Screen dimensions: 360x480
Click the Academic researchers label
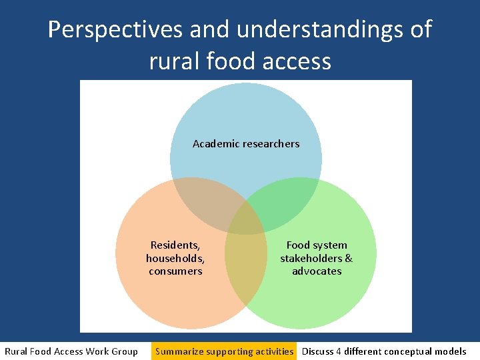click(246, 143)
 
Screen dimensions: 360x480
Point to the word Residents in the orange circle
click(175, 245)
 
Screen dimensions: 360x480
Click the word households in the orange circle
click(175, 258)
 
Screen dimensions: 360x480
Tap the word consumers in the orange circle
click(175, 271)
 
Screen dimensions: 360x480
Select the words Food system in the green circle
click(317, 245)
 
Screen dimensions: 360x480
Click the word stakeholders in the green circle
click(311, 258)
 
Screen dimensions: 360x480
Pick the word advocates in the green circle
click(317, 271)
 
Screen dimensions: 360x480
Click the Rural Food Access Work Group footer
click(71, 351)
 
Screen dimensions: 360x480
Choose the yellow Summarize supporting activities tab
click(224, 351)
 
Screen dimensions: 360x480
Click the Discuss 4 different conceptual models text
click(384, 351)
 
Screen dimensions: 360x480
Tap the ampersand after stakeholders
click(349, 258)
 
